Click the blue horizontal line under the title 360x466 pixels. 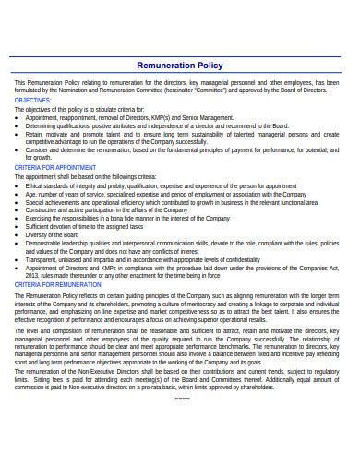point(180,75)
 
